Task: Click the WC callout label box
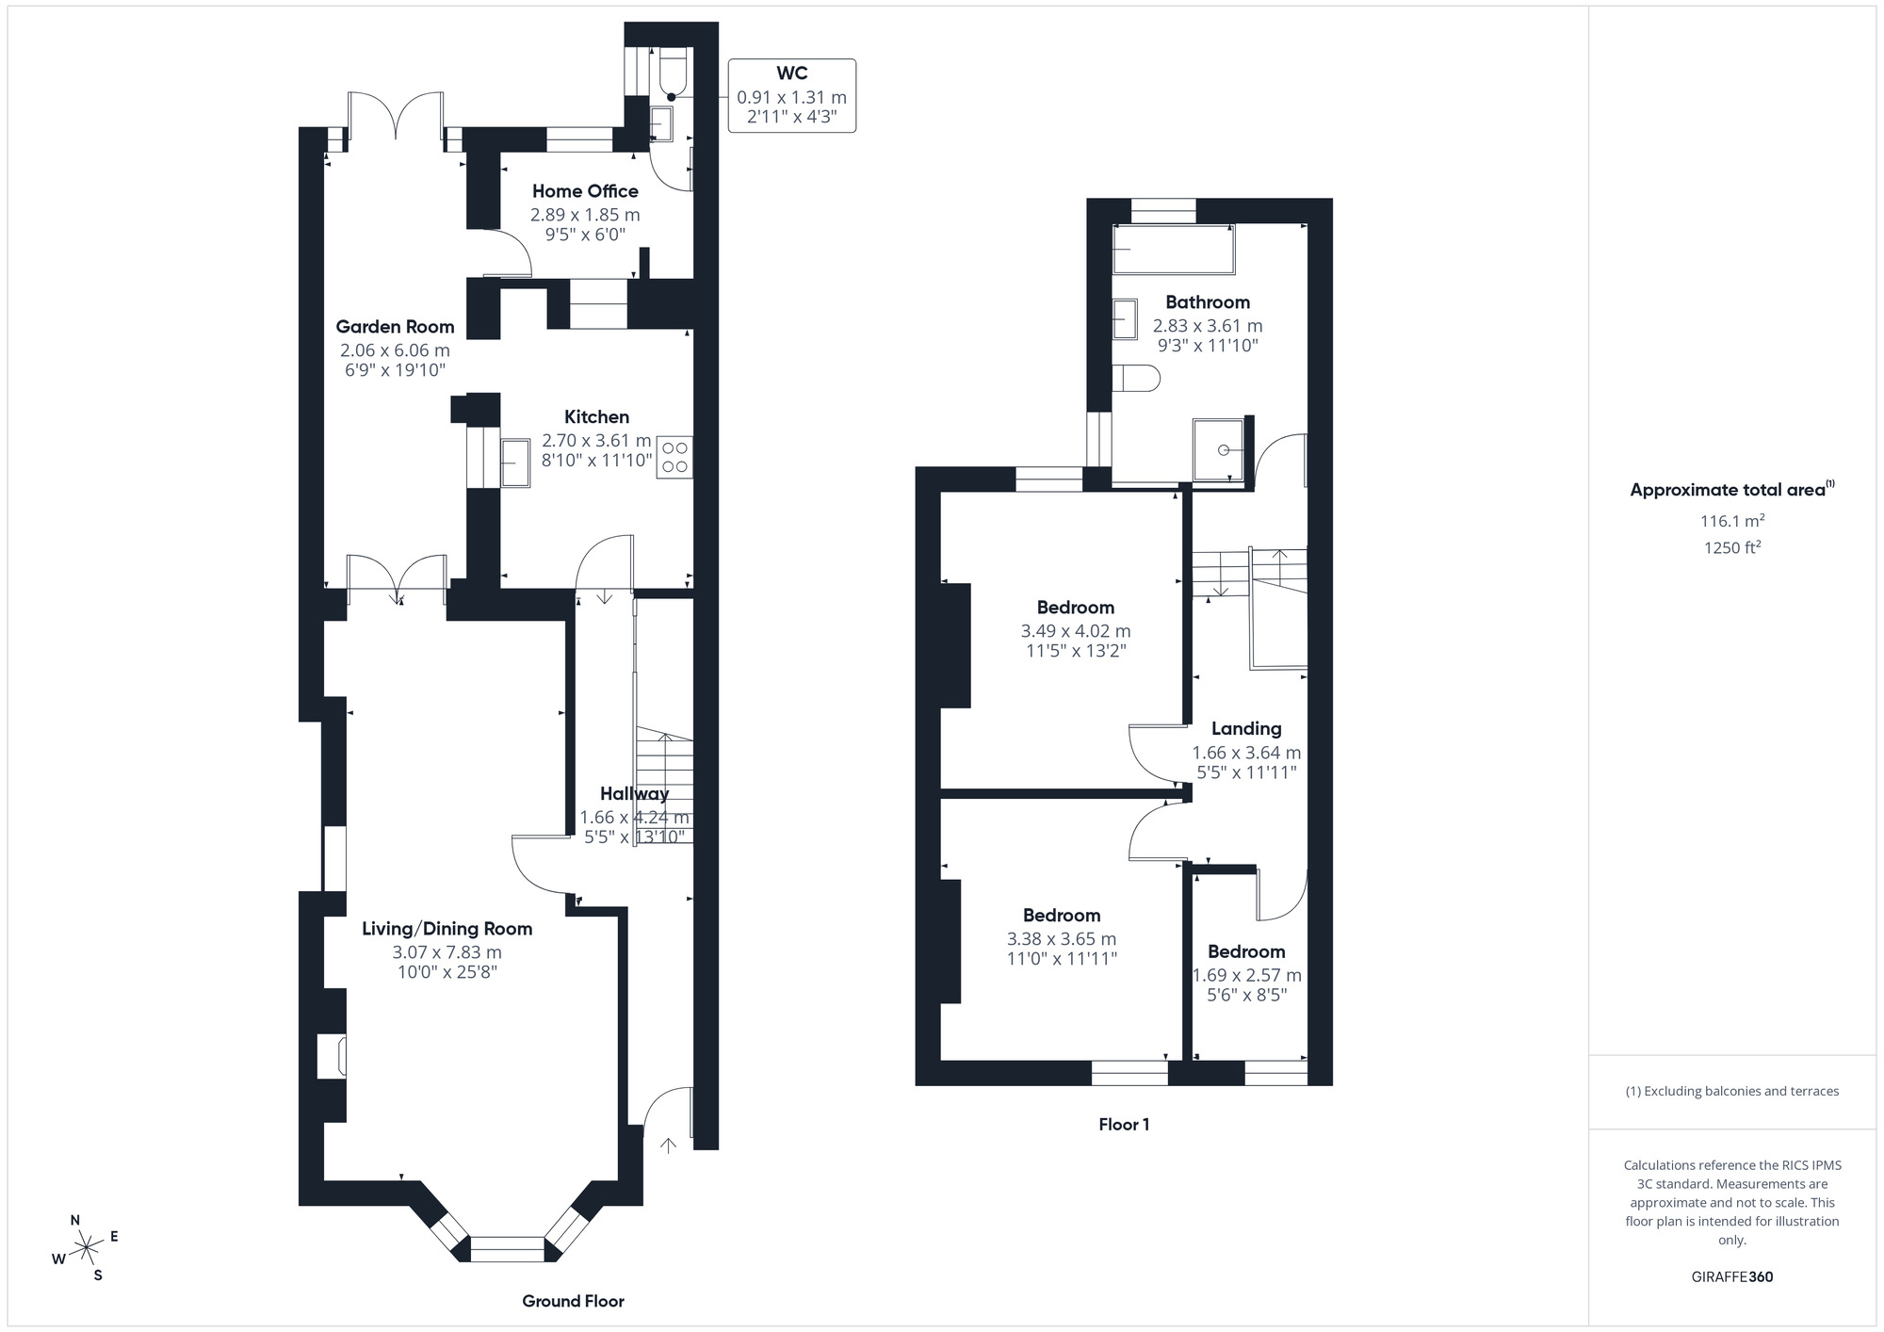791,95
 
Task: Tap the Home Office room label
585,191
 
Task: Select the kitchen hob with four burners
674,457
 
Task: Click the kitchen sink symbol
514,463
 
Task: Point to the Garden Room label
395,327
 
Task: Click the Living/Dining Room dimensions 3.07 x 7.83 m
447,952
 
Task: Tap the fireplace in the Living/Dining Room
332,1056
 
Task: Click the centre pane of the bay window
507,1249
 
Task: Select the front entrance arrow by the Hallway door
668,1145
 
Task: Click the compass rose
86,1248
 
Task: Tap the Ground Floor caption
573,1301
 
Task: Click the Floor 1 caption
1124,1124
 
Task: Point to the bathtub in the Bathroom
1173,249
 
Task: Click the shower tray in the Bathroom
1219,449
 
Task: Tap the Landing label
1246,728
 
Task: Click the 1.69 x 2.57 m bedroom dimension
1246,975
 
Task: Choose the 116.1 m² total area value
1731,521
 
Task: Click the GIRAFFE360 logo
1731,1276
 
